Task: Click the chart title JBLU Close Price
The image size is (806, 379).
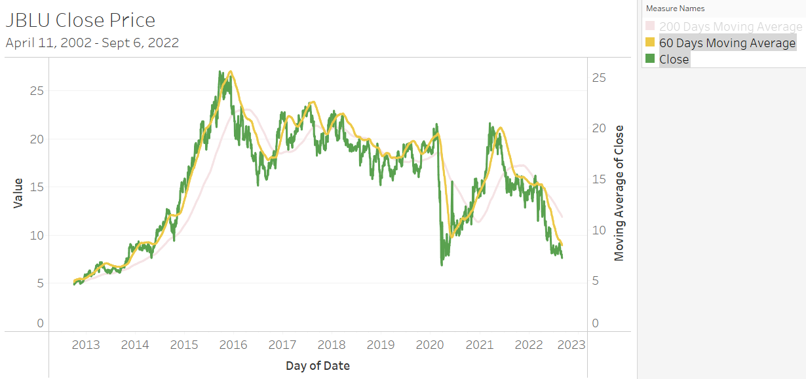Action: pos(81,20)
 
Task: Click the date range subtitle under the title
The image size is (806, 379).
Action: pos(92,43)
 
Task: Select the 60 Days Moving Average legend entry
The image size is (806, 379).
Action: pos(727,43)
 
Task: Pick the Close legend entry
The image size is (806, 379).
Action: pos(674,60)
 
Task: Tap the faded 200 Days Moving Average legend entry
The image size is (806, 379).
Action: pos(730,27)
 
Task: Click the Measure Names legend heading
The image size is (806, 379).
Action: pos(675,9)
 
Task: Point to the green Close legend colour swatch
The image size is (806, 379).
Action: pos(650,59)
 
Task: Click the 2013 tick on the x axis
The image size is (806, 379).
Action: pos(86,345)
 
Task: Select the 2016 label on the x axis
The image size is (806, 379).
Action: pos(233,345)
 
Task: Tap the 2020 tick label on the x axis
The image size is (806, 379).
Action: pos(431,345)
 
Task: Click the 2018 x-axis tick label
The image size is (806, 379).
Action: pos(332,345)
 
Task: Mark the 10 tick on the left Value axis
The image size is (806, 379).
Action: pos(37,235)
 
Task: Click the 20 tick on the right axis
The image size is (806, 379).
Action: pos(599,128)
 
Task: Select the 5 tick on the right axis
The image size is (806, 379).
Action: pos(596,281)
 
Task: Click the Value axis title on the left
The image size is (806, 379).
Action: pos(18,193)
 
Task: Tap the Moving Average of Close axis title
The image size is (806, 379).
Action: pos(619,193)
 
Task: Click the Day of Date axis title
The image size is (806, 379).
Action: pos(318,366)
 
